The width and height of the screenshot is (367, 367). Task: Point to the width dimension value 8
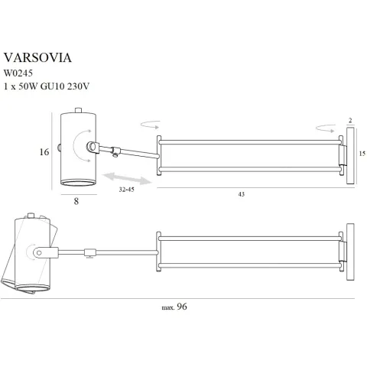pos(76,202)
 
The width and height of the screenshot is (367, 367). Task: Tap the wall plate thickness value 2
pos(349,120)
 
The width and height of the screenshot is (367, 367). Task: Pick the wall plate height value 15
pos(362,154)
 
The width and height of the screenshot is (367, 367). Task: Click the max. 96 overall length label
pos(175,307)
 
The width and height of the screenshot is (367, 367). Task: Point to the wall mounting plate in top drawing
pos(349,156)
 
